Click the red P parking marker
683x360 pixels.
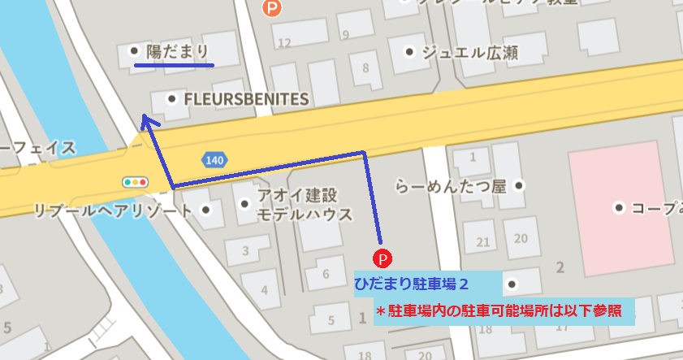coord(381,258)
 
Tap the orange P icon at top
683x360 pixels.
coord(273,8)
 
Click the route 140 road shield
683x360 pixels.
coord(214,160)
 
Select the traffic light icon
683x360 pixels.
coord(135,182)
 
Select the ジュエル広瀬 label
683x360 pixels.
coord(469,54)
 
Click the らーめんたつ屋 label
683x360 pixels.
coord(450,186)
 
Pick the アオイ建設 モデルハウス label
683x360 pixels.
coord(305,206)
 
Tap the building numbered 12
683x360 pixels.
coord(284,43)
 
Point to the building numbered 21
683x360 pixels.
coord(483,241)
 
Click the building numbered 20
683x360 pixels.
coord(521,238)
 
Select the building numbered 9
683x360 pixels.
coord(346,35)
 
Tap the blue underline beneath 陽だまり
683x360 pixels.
coord(173,66)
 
